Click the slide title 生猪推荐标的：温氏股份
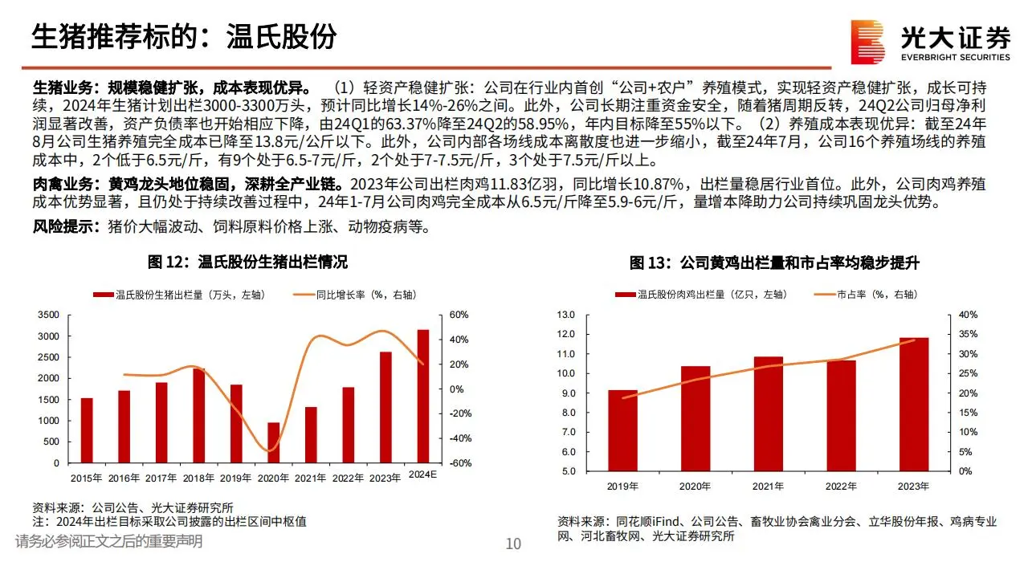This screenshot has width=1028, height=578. click(183, 37)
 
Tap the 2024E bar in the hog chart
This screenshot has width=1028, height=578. click(422, 396)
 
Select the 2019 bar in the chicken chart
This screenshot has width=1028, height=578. click(622, 430)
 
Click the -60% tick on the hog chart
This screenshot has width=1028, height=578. click(459, 463)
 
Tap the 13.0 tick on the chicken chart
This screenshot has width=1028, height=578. click(565, 315)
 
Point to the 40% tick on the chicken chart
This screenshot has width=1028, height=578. click(967, 315)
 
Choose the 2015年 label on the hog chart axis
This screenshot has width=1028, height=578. click(86, 478)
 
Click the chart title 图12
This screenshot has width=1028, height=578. click(248, 263)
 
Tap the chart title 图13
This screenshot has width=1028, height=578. click(774, 263)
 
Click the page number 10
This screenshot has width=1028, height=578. click(513, 543)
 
